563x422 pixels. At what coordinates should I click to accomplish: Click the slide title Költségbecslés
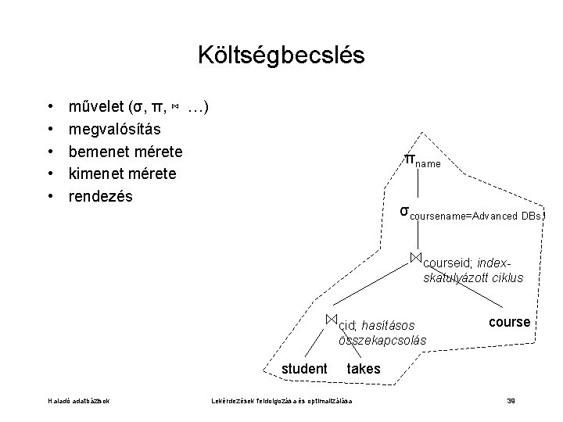[x=281, y=55]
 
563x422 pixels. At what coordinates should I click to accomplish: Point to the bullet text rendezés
[x=101, y=195]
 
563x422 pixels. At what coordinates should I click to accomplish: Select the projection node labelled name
[x=421, y=162]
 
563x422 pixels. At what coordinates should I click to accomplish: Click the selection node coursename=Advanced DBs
[x=469, y=213]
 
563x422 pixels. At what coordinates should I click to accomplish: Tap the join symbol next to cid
[x=332, y=319]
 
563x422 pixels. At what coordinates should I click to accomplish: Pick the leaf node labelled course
[x=509, y=322]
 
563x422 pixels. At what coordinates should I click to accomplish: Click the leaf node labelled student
[x=304, y=369]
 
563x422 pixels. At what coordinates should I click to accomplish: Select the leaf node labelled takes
[x=363, y=369]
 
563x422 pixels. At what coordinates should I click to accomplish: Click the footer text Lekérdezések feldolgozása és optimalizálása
[x=282, y=402]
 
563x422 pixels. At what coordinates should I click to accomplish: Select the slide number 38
[x=511, y=402]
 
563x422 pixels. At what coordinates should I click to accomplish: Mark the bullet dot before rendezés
[x=50, y=196]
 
